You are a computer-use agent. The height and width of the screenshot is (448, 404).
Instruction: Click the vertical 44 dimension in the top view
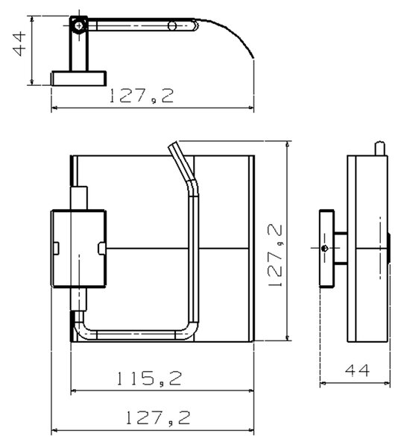(x=19, y=44)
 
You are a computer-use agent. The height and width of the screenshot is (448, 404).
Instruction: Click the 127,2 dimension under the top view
(x=142, y=96)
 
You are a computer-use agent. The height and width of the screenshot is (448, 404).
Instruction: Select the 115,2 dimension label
(x=149, y=378)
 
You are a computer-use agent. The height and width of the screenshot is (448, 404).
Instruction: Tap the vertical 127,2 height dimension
(x=275, y=255)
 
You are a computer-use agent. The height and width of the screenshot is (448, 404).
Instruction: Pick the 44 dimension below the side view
(x=357, y=370)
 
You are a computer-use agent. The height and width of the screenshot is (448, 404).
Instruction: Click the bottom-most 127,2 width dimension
(x=158, y=417)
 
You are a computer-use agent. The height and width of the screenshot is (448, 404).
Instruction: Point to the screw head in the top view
(x=79, y=26)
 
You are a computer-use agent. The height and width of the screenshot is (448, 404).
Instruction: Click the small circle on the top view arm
(x=172, y=26)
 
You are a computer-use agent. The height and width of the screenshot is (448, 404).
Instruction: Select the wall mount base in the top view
(x=79, y=78)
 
